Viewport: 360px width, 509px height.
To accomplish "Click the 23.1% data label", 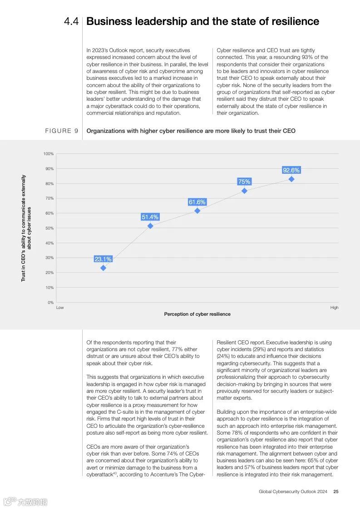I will click(x=103, y=259).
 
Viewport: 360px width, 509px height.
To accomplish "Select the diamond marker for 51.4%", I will click(x=150, y=226).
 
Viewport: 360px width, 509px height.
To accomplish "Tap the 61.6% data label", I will click(x=197, y=202).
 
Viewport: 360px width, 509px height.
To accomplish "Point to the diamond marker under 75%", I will click(x=244, y=191).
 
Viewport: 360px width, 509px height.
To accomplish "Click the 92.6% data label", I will click(x=291, y=170).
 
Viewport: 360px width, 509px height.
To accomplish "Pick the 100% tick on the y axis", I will click(x=49, y=154).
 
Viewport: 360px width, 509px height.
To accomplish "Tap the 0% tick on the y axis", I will click(x=50, y=303).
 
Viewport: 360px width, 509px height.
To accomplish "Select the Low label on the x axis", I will click(x=59, y=308).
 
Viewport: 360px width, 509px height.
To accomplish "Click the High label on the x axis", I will click(x=334, y=308).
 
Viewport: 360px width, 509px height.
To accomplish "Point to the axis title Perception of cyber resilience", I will click(x=197, y=314).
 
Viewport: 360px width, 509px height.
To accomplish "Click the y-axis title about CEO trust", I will click(x=26, y=228).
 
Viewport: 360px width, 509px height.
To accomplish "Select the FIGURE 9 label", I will click(x=61, y=131).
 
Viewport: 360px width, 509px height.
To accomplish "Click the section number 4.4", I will click(x=71, y=21).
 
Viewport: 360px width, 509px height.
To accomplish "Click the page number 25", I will click(x=335, y=491).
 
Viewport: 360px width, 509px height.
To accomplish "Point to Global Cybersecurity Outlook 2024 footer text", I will click(x=293, y=491).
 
